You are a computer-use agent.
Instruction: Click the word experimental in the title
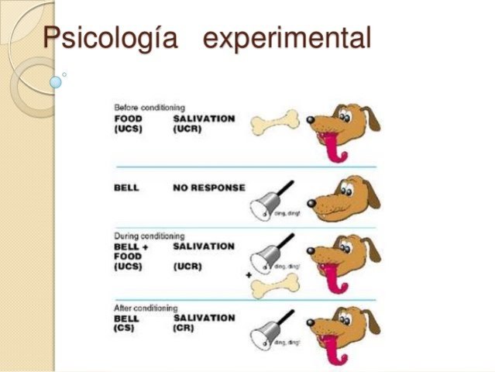286,38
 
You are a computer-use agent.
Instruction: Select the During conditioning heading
149,236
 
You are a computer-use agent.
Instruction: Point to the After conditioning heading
146,307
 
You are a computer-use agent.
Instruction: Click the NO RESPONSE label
209,188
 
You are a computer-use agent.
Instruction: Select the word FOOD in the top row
127,118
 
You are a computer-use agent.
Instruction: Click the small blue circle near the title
56,80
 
